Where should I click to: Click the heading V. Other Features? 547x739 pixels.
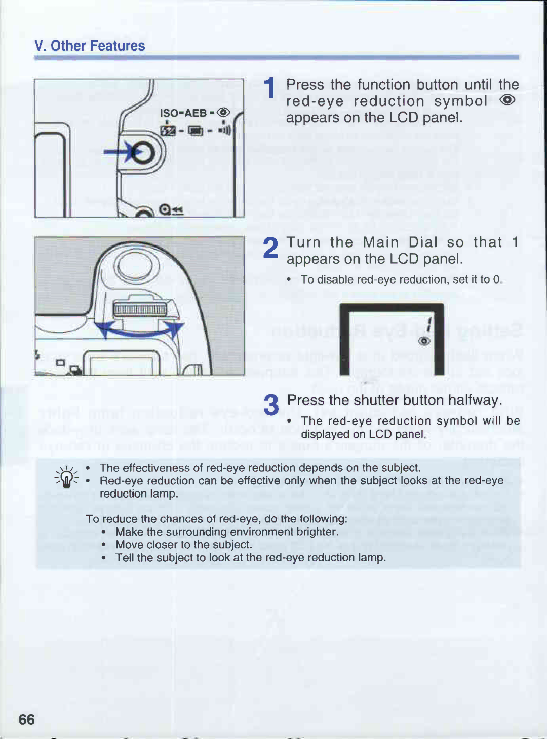click(x=90, y=46)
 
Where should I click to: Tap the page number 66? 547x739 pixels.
click(x=27, y=719)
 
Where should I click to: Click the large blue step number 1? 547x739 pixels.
click(x=269, y=87)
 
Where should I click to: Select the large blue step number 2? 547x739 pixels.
click(x=270, y=248)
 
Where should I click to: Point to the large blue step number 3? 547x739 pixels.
click(x=271, y=405)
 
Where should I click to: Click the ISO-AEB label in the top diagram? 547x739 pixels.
click(x=183, y=113)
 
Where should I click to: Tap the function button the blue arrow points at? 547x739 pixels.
click(x=143, y=152)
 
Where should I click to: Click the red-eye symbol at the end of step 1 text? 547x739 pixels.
click(x=507, y=100)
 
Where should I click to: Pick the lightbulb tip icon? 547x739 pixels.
click(x=66, y=477)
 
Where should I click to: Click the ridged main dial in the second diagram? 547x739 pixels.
click(x=140, y=309)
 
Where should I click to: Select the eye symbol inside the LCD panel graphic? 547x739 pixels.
click(x=424, y=341)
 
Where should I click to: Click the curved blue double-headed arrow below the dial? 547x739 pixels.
click(x=140, y=333)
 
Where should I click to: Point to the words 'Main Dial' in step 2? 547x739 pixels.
click(x=400, y=242)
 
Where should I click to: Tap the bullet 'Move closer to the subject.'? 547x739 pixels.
click(x=184, y=544)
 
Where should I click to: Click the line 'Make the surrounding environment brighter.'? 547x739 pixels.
click(x=227, y=532)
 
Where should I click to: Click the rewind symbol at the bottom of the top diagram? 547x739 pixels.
click(x=171, y=209)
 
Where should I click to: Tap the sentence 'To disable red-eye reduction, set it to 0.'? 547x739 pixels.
click(x=401, y=279)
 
